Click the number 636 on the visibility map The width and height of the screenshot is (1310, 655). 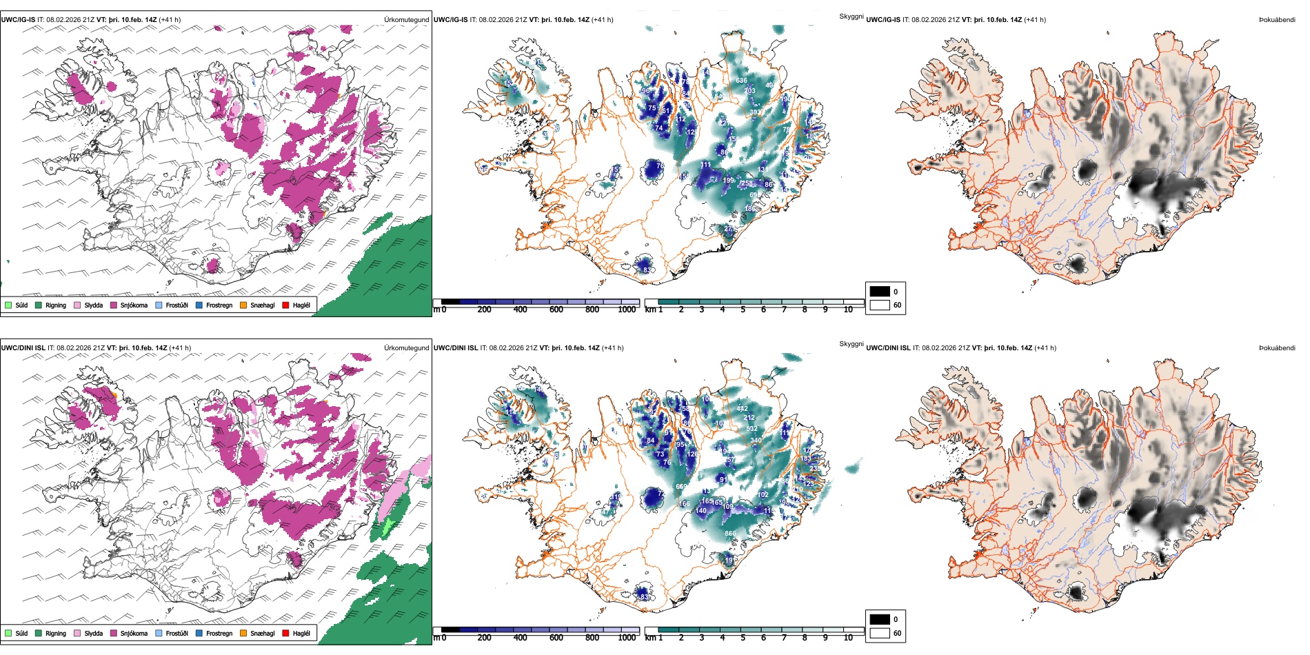[x=741, y=81]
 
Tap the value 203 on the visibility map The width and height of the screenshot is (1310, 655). [x=749, y=91]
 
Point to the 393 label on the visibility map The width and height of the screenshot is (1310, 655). [x=755, y=112]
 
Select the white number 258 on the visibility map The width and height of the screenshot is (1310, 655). [x=747, y=184]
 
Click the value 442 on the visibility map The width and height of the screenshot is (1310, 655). [x=742, y=409]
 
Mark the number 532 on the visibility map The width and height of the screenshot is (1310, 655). [x=752, y=429]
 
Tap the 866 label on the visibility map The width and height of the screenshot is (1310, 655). [x=730, y=534]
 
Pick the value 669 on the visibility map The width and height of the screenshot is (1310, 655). [x=681, y=487]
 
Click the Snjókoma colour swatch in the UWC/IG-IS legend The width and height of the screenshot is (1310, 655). [x=114, y=305]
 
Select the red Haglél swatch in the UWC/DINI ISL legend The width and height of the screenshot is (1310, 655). [x=286, y=633]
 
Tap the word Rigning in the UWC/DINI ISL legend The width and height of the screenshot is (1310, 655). [x=56, y=633]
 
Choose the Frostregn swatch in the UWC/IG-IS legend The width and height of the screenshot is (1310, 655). [x=199, y=305]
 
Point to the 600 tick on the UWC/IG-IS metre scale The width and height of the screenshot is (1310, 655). [x=556, y=310]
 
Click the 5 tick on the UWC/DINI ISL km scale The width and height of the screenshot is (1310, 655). [x=743, y=638]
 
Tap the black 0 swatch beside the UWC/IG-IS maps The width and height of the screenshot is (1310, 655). [x=880, y=292]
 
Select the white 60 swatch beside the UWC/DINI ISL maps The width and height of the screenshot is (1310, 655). [x=880, y=633]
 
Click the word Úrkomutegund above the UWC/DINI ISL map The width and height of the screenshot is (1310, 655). [x=406, y=347]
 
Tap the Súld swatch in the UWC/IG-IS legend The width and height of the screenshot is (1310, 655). [x=8, y=305]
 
